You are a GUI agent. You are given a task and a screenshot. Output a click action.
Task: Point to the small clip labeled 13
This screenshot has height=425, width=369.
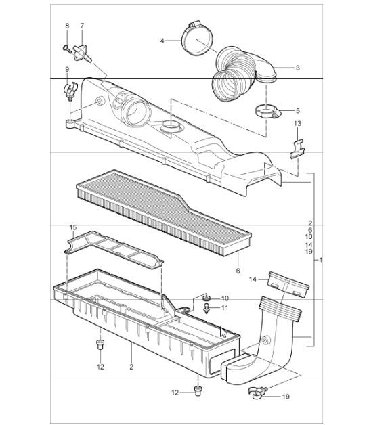point(295,148)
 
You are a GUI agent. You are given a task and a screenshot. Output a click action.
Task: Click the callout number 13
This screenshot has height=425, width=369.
point(297,123)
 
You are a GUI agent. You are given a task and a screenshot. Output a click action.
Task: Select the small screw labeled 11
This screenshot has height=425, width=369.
point(207,309)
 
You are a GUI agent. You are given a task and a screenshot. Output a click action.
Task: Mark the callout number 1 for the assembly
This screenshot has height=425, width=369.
point(320,260)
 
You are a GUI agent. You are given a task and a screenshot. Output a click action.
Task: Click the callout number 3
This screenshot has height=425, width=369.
point(297,68)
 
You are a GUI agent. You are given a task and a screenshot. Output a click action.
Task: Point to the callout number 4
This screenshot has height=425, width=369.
point(162,41)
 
